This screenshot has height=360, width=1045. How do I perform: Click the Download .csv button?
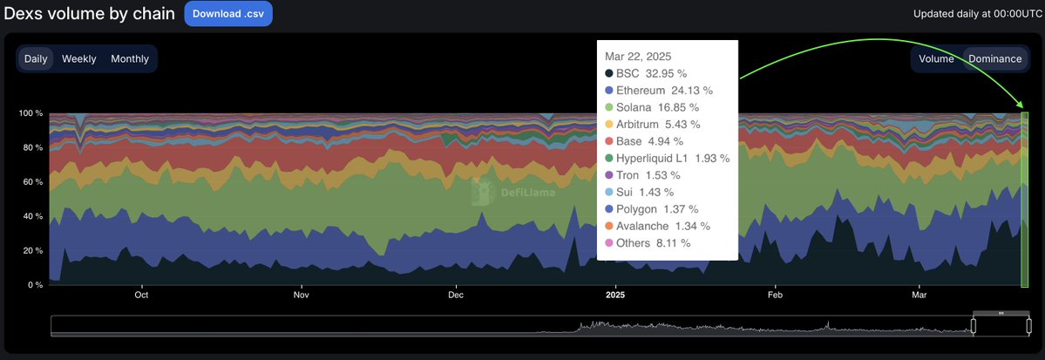pyautogui.click(x=228, y=14)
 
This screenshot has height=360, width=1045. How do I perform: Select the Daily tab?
pyautogui.click(x=36, y=58)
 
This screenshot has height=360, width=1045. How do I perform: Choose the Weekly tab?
pyautogui.click(x=78, y=58)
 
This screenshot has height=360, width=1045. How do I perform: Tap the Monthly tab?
pyautogui.click(x=130, y=58)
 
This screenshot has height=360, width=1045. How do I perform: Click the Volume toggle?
pyautogui.click(x=936, y=58)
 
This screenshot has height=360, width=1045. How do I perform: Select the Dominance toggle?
pyautogui.click(x=994, y=58)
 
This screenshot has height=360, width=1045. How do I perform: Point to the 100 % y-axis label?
pyautogui.click(x=31, y=113)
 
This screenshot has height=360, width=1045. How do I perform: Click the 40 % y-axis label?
pyautogui.click(x=33, y=216)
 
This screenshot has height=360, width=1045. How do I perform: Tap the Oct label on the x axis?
pyautogui.click(x=142, y=295)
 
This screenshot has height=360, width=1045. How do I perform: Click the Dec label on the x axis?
pyautogui.click(x=455, y=295)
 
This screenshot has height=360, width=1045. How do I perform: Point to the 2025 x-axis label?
pyautogui.click(x=615, y=295)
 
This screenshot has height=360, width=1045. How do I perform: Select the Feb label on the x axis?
pyautogui.click(x=775, y=295)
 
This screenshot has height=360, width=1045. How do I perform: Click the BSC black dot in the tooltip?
pyautogui.click(x=609, y=73)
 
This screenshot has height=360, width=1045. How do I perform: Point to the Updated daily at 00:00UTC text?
pyautogui.click(x=975, y=14)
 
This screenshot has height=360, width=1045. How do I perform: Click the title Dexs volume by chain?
pyautogui.click(x=88, y=14)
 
